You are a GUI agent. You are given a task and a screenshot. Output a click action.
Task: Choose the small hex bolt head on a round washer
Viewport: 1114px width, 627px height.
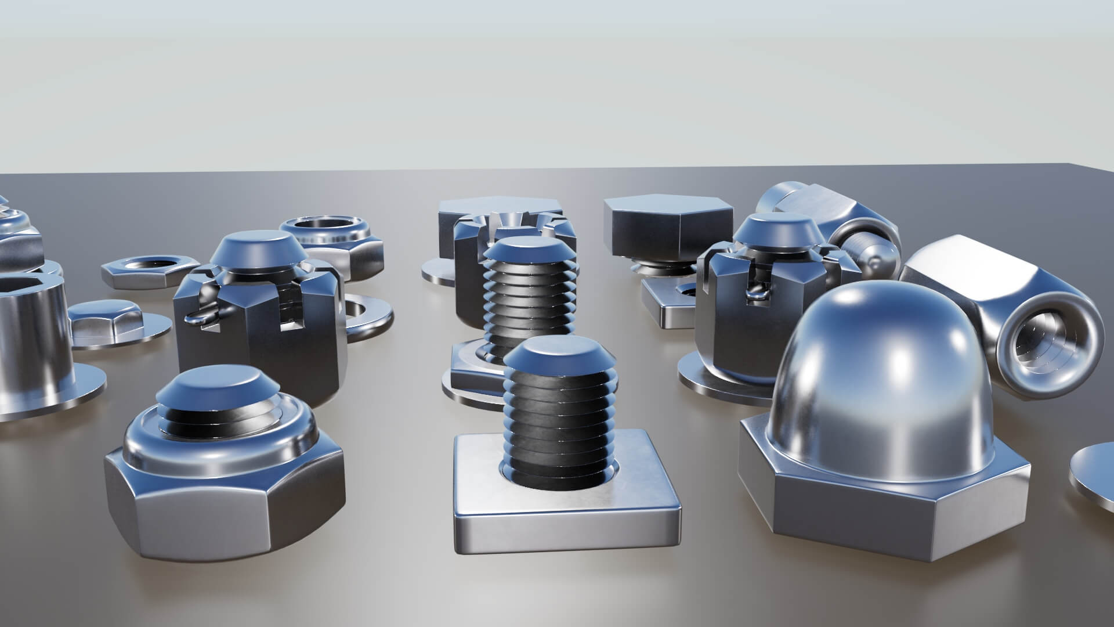(107, 319)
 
